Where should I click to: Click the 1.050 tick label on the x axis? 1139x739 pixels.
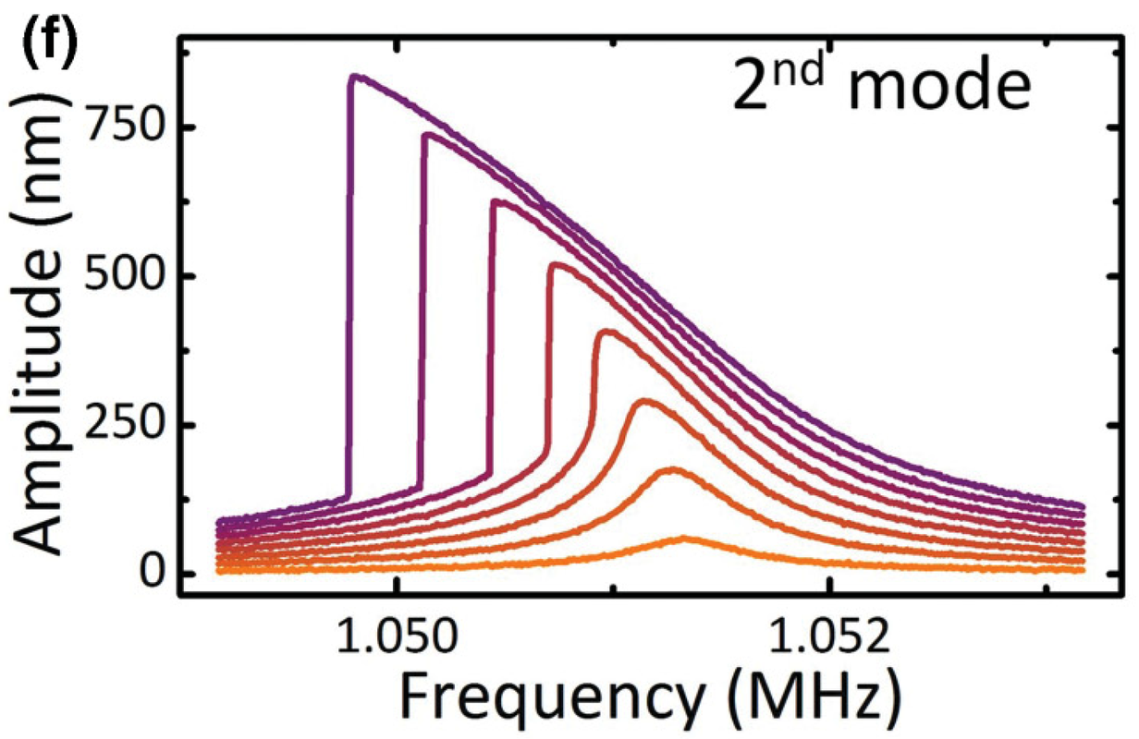[x=398, y=638]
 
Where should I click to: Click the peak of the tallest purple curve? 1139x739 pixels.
[x=356, y=76]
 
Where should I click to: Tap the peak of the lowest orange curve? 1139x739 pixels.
[x=684, y=538]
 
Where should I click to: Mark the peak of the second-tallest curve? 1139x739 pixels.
[x=427, y=134]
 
